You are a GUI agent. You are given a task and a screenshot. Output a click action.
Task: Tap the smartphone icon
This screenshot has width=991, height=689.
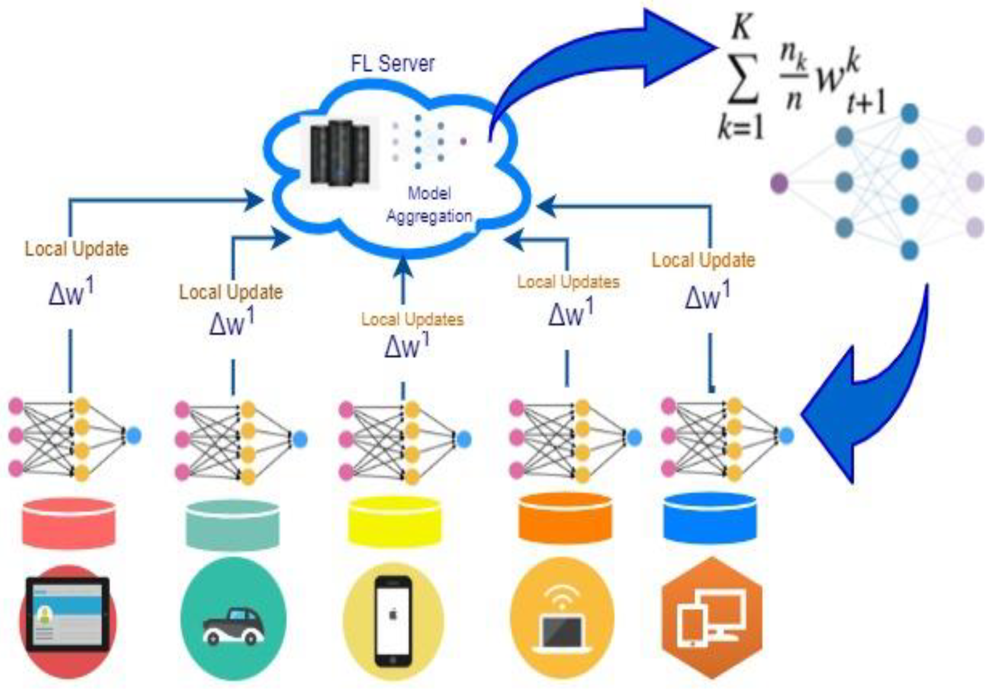tap(393, 621)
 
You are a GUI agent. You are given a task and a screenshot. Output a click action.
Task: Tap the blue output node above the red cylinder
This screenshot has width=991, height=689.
tap(134, 436)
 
